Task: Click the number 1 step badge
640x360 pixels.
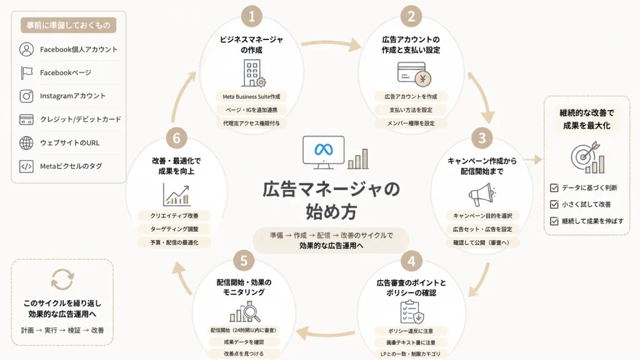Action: pyautogui.click(x=251, y=16)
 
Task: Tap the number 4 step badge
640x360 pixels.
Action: pyautogui.click(x=411, y=261)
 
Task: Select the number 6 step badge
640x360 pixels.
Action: pyautogui.click(x=176, y=138)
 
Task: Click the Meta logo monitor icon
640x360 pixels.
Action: pyautogui.click(x=323, y=152)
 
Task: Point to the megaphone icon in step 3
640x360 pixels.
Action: pyautogui.click(x=482, y=194)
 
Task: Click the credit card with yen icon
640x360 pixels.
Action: pyautogui.click(x=414, y=74)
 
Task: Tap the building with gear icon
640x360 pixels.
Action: pyautogui.click(x=253, y=74)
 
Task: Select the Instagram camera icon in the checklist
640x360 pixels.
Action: pyautogui.click(x=26, y=96)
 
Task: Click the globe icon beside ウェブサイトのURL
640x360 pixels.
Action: pyautogui.click(x=26, y=143)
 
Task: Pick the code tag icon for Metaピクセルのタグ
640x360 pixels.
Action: pyautogui.click(x=26, y=166)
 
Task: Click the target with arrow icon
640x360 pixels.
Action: pyautogui.click(x=587, y=157)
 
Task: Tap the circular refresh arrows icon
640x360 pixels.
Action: pyautogui.click(x=62, y=279)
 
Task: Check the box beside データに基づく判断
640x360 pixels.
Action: pyautogui.click(x=554, y=187)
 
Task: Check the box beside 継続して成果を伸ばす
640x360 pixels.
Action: pyautogui.click(x=554, y=221)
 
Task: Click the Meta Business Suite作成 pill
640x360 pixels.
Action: pyautogui.click(x=251, y=97)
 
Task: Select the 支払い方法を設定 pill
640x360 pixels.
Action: pyautogui.click(x=411, y=110)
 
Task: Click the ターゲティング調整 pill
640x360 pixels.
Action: pyautogui.click(x=174, y=229)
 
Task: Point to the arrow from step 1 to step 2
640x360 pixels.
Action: pyautogui.click(x=331, y=44)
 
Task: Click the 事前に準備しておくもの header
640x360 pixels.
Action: pyautogui.click(x=69, y=25)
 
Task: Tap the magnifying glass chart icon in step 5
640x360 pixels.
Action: pyautogui.click(x=245, y=312)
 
